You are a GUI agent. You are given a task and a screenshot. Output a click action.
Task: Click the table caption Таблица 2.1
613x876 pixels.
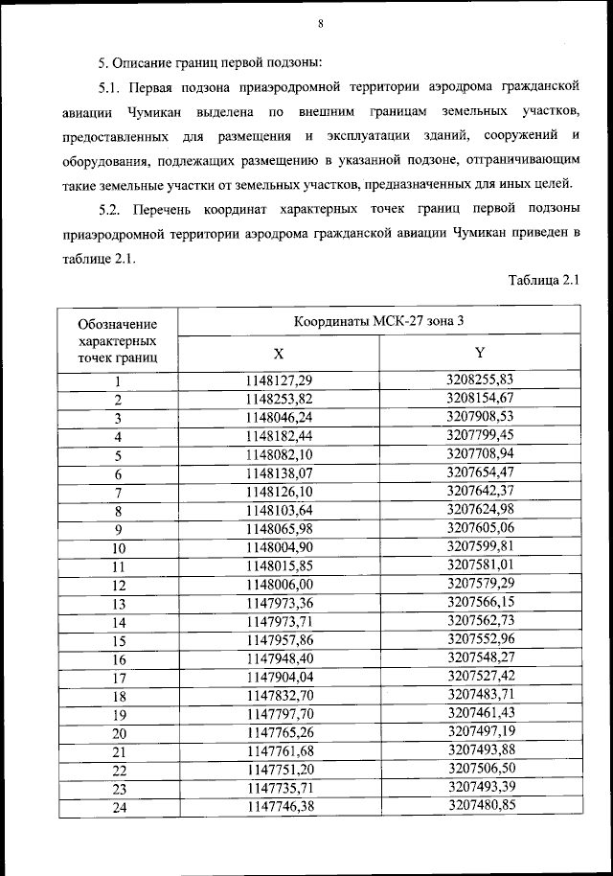point(544,280)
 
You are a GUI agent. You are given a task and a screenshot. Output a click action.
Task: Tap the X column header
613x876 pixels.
point(279,354)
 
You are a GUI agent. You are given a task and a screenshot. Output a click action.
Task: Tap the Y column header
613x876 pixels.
point(481,354)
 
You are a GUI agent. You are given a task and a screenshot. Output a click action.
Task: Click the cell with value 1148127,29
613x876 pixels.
point(279,381)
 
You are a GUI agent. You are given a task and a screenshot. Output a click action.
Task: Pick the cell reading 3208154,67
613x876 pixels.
point(481,398)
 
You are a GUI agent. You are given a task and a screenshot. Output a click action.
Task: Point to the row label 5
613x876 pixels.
point(118,455)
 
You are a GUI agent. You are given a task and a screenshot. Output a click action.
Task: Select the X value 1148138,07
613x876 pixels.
point(279,473)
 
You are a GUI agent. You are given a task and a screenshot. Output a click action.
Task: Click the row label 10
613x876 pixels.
point(118,548)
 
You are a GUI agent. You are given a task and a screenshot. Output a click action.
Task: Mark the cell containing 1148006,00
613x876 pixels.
point(279,584)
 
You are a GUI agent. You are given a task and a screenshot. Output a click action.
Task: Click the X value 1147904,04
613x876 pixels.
point(279,677)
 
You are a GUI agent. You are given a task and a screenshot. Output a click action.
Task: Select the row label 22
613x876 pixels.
point(119,770)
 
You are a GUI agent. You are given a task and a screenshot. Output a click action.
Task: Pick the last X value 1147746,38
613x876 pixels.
point(279,806)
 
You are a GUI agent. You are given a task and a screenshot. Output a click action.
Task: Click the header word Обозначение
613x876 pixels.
point(118,324)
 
